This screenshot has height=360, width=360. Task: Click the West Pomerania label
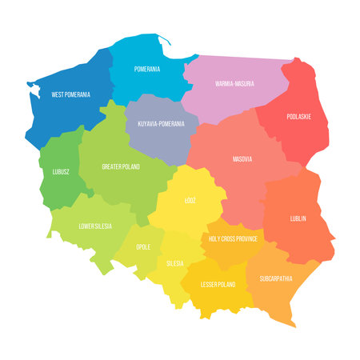70,94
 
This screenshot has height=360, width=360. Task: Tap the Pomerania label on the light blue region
146,70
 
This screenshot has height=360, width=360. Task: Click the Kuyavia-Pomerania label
161,124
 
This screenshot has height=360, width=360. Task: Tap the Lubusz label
58,172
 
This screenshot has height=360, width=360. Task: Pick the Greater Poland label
121,167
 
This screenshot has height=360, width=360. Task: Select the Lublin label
298,218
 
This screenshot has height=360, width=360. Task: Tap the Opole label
143,248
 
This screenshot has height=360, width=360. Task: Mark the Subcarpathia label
275,279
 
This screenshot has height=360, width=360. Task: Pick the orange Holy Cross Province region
232,252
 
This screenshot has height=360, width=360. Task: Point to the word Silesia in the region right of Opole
174,263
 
